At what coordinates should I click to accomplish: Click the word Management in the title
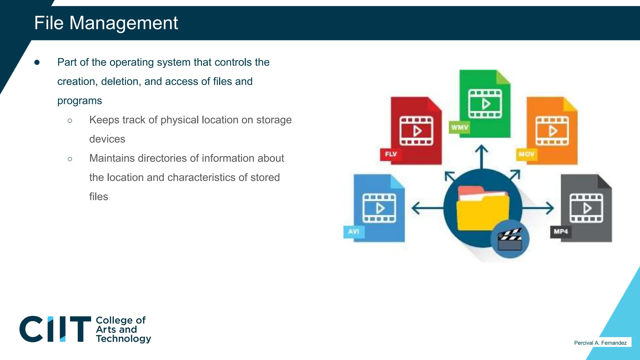tap(123, 23)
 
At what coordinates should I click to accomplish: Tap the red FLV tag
tap(391, 154)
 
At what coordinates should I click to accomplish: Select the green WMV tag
tap(459, 127)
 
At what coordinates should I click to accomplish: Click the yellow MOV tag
tap(527, 154)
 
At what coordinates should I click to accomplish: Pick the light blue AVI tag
tap(354, 232)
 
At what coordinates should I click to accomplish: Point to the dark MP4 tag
tap(561, 232)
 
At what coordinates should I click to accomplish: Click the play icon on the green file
tap(486, 104)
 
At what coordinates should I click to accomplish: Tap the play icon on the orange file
tap(553, 131)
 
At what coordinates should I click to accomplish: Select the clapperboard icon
tap(510, 239)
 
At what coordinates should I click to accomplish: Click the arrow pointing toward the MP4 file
tap(539, 208)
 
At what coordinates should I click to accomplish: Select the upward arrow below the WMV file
tap(482, 156)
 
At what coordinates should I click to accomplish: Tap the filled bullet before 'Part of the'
tap(37, 62)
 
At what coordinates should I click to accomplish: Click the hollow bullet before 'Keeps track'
tap(70, 121)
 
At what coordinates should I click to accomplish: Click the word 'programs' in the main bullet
tap(79, 101)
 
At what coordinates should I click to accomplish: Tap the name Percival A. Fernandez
tap(600, 343)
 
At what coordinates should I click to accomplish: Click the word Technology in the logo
tap(123, 338)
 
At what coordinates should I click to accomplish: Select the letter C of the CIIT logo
tap(31, 329)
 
